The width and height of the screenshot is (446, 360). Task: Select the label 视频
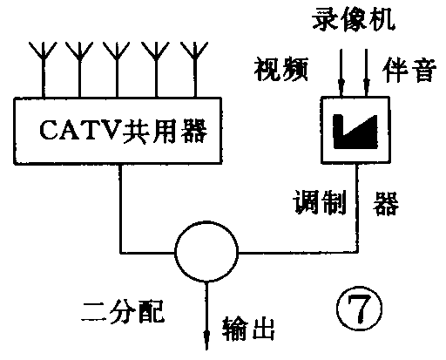[281, 69]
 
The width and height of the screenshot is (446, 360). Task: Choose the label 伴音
[409, 69]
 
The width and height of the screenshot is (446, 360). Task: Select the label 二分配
[118, 307]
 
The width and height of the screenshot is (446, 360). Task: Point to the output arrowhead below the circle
[207, 334]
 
